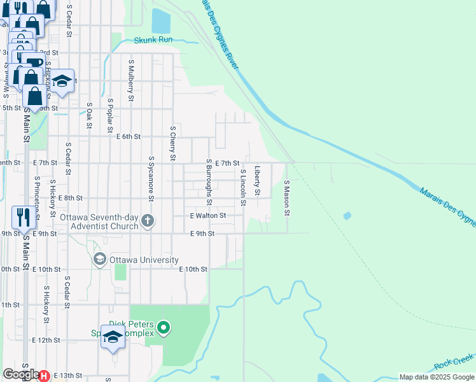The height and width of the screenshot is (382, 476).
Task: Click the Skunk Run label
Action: [153, 39]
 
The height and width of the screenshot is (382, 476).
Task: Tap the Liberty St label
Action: [257, 181]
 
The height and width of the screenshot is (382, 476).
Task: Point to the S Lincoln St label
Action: [242, 187]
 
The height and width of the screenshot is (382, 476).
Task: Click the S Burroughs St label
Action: [209, 182]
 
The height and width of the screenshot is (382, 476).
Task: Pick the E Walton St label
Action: [208, 216]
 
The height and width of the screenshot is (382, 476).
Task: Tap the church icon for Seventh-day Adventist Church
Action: [148, 221]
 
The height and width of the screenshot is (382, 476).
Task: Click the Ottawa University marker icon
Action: [99, 259]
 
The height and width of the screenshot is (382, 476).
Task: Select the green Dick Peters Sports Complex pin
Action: [164, 329]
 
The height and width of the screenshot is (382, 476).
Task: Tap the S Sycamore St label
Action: [151, 178]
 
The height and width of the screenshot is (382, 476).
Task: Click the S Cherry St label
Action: [172, 143]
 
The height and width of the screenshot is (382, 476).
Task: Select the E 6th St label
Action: [128, 136]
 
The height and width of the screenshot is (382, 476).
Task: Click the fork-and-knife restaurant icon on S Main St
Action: [22, 216]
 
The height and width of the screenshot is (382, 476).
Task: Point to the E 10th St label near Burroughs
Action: [193, 269]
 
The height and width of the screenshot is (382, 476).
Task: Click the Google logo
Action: [21, 375]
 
